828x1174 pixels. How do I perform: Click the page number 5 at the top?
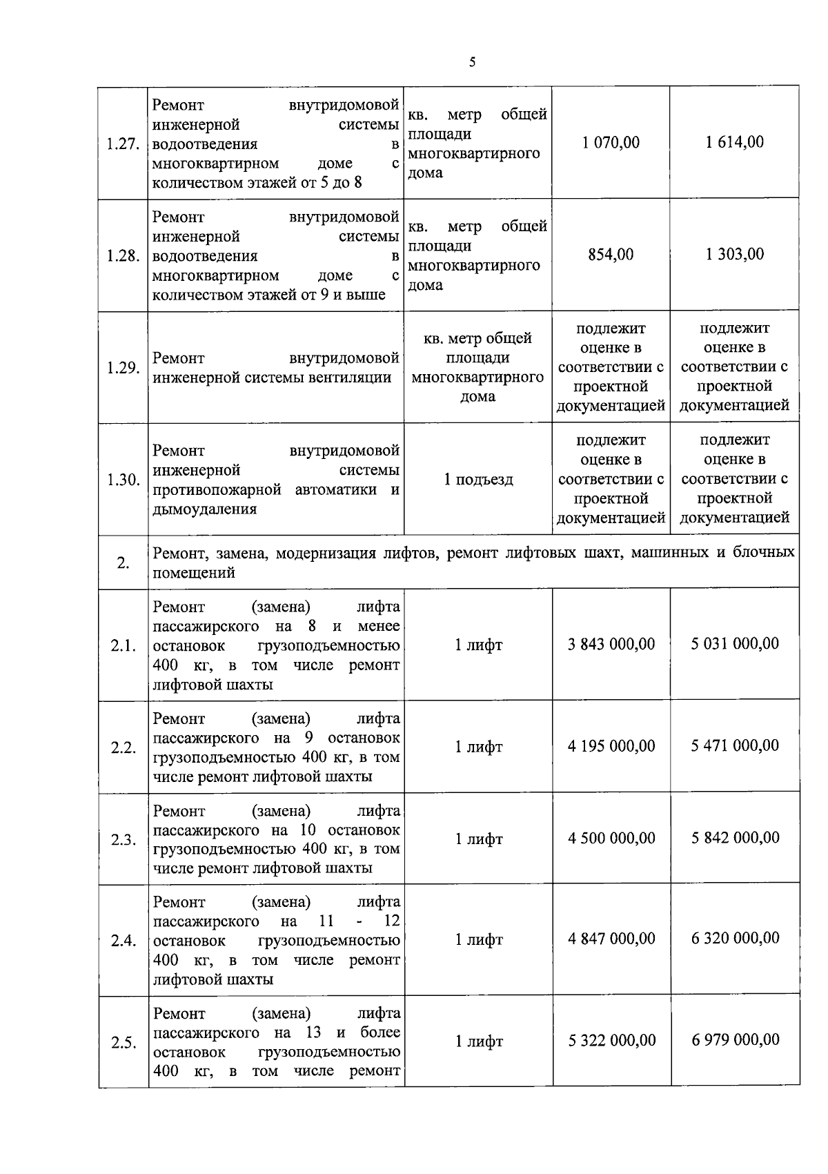pyautogui.click(x=472, y=62)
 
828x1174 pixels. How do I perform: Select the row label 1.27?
pyautogui.click(x=124, y=144)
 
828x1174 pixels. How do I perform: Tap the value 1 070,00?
pyautogui.click(x=611, y=142)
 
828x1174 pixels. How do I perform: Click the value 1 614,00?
pyautogui.click(x=735, y=142)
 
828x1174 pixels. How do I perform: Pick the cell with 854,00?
pyautogui.click(x=611, y=254)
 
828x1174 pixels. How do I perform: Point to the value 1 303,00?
pyautogui.click(x=735, y=254)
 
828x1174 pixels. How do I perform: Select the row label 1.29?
pyautogui.click(x=124, y=368)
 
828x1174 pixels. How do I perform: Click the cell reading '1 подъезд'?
pyautogui.click(x=478, y=480)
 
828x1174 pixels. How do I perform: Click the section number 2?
pyautogui.click(x=123, y=563)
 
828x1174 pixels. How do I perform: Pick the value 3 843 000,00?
pyautogui.click(x=611, y=644)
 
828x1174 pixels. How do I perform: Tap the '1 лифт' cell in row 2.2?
pyautogui.click(x=478, y=747)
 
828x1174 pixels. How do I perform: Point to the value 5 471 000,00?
pyautogui.click(x=735, y=745)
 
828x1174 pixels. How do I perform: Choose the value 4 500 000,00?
pyautogui.click(x=611, y=838)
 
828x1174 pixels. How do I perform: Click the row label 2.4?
pyautogui.click(x=124, y=941)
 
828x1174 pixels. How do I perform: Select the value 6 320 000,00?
pyautogui.click(x=735, y=938)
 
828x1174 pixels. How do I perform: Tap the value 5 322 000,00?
pyautogui.click(x=611, y=1040)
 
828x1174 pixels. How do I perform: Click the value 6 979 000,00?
pyautogui.click(x=735, y=1039)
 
